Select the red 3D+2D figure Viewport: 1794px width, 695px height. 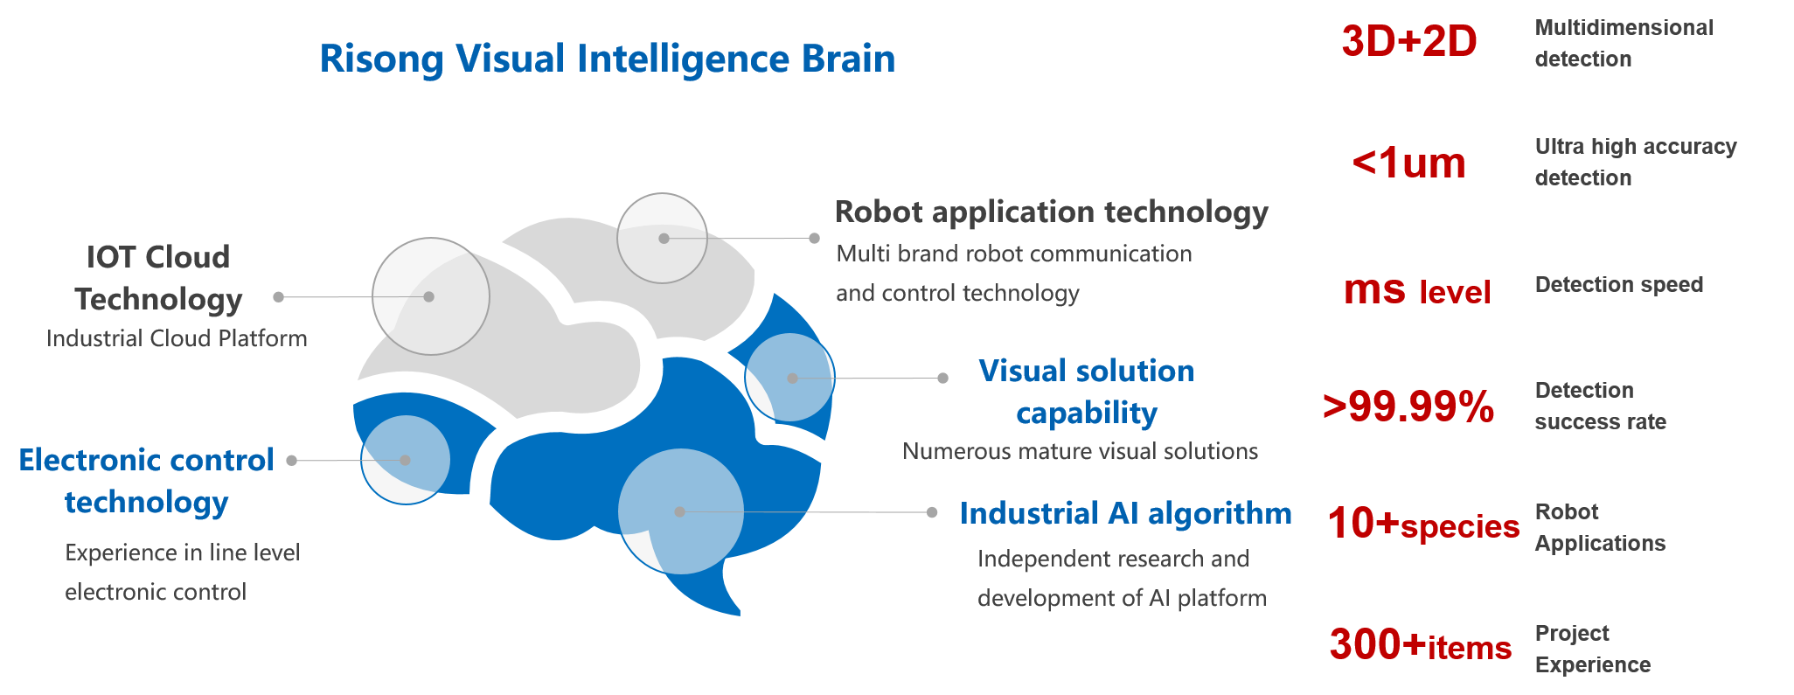(x=1408, y=41)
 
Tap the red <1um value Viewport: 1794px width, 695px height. (x=1408, y=163)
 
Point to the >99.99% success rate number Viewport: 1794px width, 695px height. (x=1408, y=407)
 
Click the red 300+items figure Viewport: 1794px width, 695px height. (x=1420, y=645)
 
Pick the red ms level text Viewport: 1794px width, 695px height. (x=1416, y=290)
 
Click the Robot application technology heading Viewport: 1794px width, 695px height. (x=1051, y=212)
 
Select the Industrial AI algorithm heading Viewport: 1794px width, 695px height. (x=1125, y=513)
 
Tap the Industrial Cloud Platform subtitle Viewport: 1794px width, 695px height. (x=177, y=338)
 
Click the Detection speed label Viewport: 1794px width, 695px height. (x=1618, y=285)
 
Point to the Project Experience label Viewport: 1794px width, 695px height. (x=1592, y=649)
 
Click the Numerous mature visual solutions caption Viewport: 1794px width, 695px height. (x=1080, y=451)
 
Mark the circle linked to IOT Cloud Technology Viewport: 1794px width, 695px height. (x=430, y=296)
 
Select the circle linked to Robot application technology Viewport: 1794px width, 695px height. (x=662, y=238)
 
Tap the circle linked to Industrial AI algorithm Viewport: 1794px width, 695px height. (x=680, y=511)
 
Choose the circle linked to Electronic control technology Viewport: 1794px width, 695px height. (x=405, y=460)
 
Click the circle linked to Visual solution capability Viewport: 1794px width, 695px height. (x=789, y=378)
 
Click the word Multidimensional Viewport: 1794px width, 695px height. (x=1624, y=28)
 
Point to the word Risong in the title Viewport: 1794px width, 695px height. (x=381, y=59)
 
